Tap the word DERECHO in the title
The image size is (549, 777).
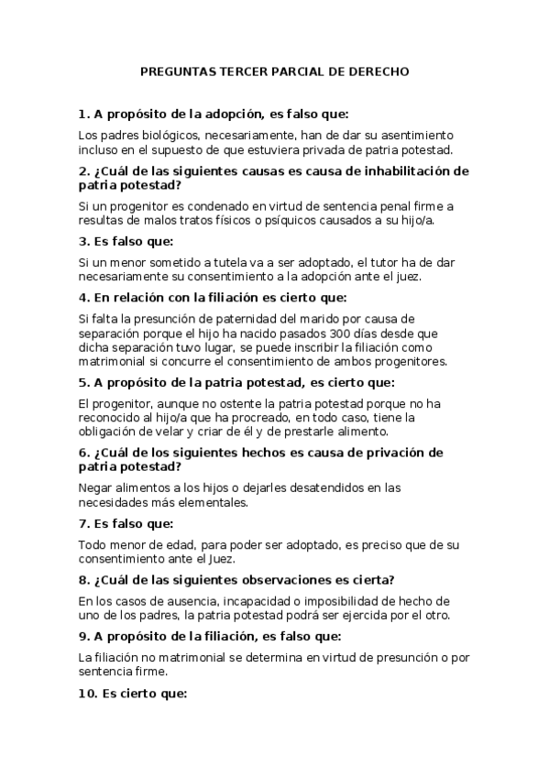click(x=378, y=70)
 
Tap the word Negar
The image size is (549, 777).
click(x=96, y=487)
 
